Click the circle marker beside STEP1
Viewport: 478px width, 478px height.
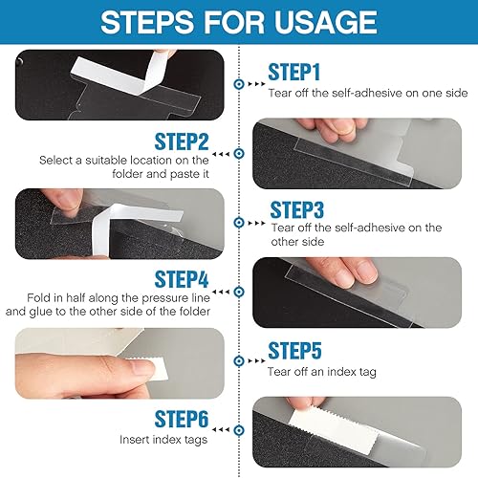point(238,84)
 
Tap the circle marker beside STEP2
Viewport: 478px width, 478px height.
point(238,153)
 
